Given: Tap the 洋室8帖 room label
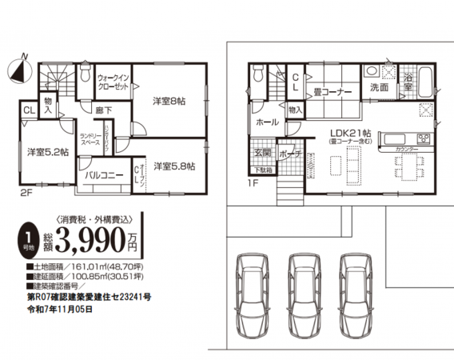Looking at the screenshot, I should (169, 101).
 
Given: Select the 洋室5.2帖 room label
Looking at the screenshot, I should (46, 151).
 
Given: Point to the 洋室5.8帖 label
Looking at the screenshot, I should (174, 166).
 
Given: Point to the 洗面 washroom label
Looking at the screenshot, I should (379, 86).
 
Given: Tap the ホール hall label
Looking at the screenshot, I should (267, 122).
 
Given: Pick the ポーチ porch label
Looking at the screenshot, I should (291, 152).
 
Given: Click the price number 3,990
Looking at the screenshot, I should (91, 238).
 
